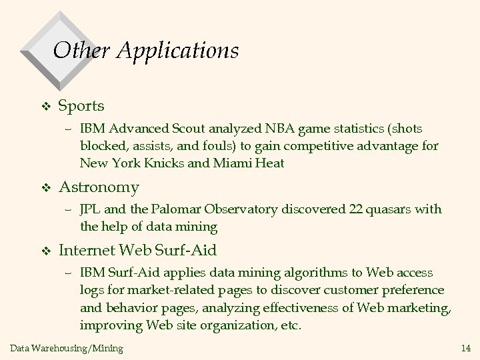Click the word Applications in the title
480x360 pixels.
(x=178, y=51)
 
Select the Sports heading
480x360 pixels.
(x=81, y=105)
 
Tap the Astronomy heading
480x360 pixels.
(x=99, y=187)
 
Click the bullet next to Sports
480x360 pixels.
(x=45, y=106)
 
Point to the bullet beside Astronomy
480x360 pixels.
(x=45, y=187)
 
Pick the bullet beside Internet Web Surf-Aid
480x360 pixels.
(x=45, y=251)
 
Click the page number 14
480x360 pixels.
(x=466, y=347)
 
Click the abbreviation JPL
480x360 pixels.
(x=90, y=209)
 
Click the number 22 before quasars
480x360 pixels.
(x=356, y=209)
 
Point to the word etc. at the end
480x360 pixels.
(x=291, y=325)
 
